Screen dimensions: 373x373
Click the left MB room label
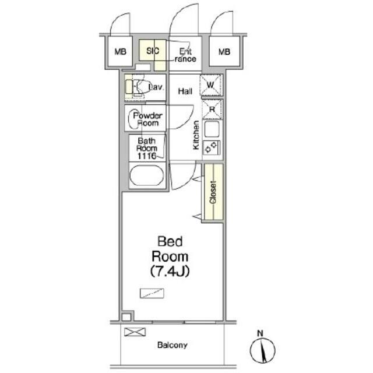tap(121, 52)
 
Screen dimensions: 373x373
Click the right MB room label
tap(224, 52)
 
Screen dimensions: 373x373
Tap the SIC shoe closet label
tap(153, 51)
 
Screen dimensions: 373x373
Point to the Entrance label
tap(185, 55)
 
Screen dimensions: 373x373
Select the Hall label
tap(185, 91)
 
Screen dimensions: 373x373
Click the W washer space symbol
tap(211, 85)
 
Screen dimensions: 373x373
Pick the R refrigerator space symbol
tap(212, 109)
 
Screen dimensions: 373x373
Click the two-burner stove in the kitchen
tap(212, 147)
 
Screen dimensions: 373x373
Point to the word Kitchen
tap(196, 135)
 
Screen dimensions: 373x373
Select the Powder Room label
tap(147, 119)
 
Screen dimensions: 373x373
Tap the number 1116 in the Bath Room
tap(146, 156)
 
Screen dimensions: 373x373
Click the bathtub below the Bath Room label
tap(147, 175)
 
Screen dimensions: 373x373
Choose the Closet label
tap(213, 192)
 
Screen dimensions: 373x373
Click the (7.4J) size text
tap(170, 271)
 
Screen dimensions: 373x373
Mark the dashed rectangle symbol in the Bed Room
tap(152, 293)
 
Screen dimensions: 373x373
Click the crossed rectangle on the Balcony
tap(135, 332)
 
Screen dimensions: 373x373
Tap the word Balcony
tap(173, 345)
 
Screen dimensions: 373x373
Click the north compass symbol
tap(262, 350)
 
